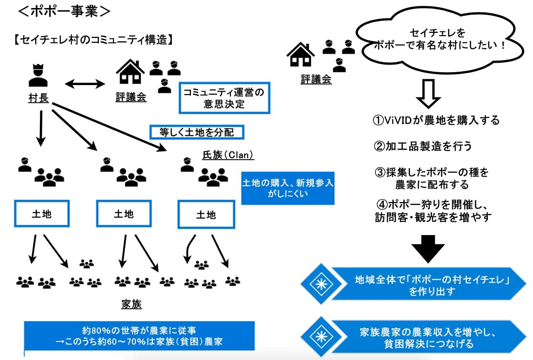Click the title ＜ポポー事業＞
[x=64, y=11]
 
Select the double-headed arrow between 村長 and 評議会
[x=85, y=85]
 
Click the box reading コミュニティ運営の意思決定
[x=224, y=98]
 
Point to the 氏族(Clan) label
[x=228, y=155]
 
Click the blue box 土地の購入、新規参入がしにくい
[x=288, y=188]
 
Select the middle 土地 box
[x=124, y=214]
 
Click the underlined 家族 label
[x=131, y=304]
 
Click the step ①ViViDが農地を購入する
[x=436, y=120]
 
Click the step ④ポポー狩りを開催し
[x=433, y=210]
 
